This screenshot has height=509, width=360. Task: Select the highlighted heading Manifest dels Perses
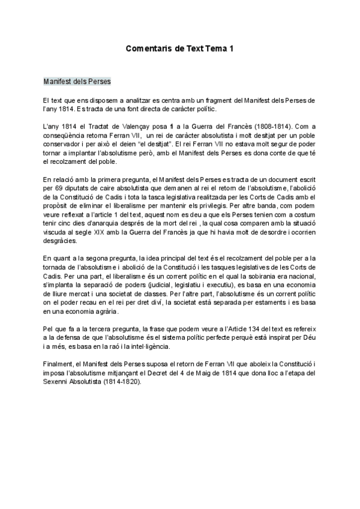[x=77, y=80]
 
